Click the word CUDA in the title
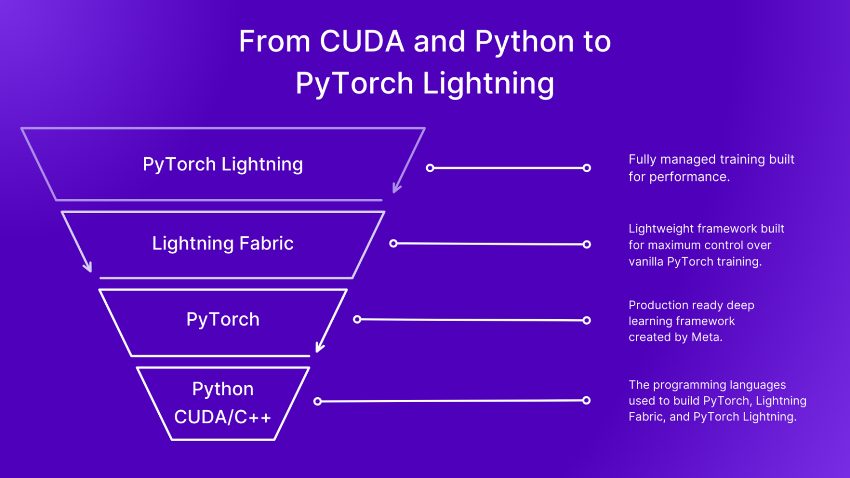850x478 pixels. click(362, 41)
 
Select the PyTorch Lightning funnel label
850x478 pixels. click(222, 164)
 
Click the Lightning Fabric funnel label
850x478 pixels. click(222, 243)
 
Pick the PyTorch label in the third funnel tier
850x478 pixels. click(222, 319)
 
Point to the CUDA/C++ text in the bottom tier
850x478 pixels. click(222, 417)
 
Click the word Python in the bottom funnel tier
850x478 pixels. click(222, 389)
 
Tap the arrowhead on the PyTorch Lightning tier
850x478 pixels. click(396, 189)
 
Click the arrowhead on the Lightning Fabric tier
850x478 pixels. click(88, 268)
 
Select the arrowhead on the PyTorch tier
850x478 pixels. click(319, 348)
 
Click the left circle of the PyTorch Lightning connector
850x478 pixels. click(430, 168)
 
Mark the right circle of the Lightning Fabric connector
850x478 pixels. click(587, 244)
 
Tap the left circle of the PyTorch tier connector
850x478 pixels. click(357, 319)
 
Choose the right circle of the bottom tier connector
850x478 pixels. click(587, 400)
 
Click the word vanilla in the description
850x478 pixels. click(646, 261)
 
